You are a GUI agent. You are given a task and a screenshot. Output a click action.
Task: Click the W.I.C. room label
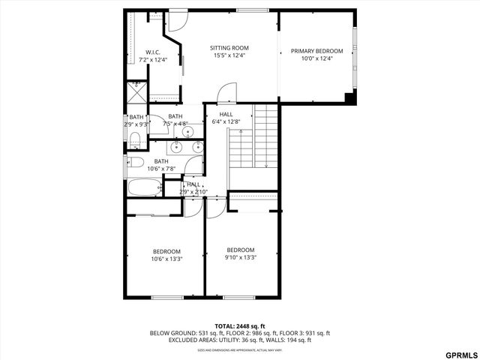pyautogui.click(x=153, y=52)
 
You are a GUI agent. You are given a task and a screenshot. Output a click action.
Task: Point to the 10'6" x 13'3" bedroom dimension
pyautogui.click(x=166, y=259)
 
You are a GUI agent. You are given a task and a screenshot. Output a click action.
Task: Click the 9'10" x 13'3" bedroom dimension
pyautogui.click(x=241, y=257)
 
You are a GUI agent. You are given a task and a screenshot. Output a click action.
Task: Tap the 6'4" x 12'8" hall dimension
pyautogui.click(x=226, y=121)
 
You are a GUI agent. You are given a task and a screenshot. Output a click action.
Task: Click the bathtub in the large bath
pyautogui.click(x=143, y=187)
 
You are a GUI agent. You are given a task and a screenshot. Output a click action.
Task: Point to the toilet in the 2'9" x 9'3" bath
pyautogui.click(x=135, y=140)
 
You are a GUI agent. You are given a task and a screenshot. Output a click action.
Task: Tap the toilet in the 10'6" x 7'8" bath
pyautogui.click(x=136, y=161)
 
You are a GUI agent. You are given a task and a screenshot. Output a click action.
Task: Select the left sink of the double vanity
pyautogui.click(x=178, y=147)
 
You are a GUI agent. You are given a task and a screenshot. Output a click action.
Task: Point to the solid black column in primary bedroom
pyautogui.click(x=350, y=97)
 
